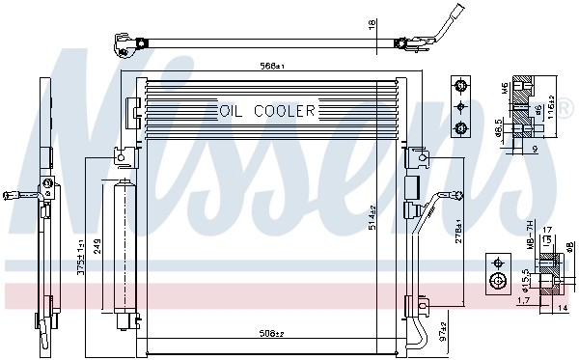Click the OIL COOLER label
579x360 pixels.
click(x=267, y=111)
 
